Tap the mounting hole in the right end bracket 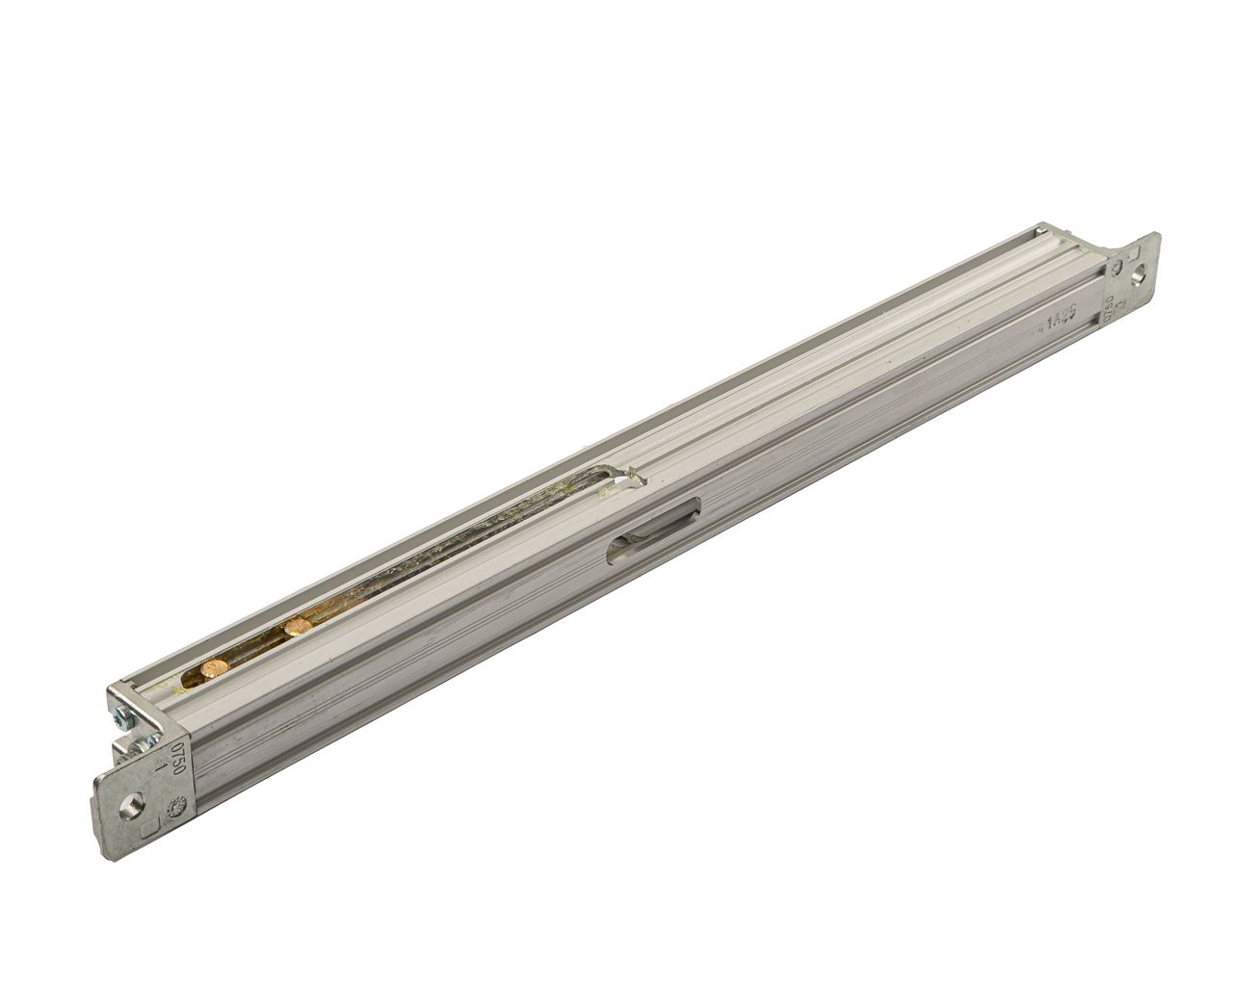pyautogui.click(x=1141, y=275)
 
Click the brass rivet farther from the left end pyautogui.click(x=296, y=628)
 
